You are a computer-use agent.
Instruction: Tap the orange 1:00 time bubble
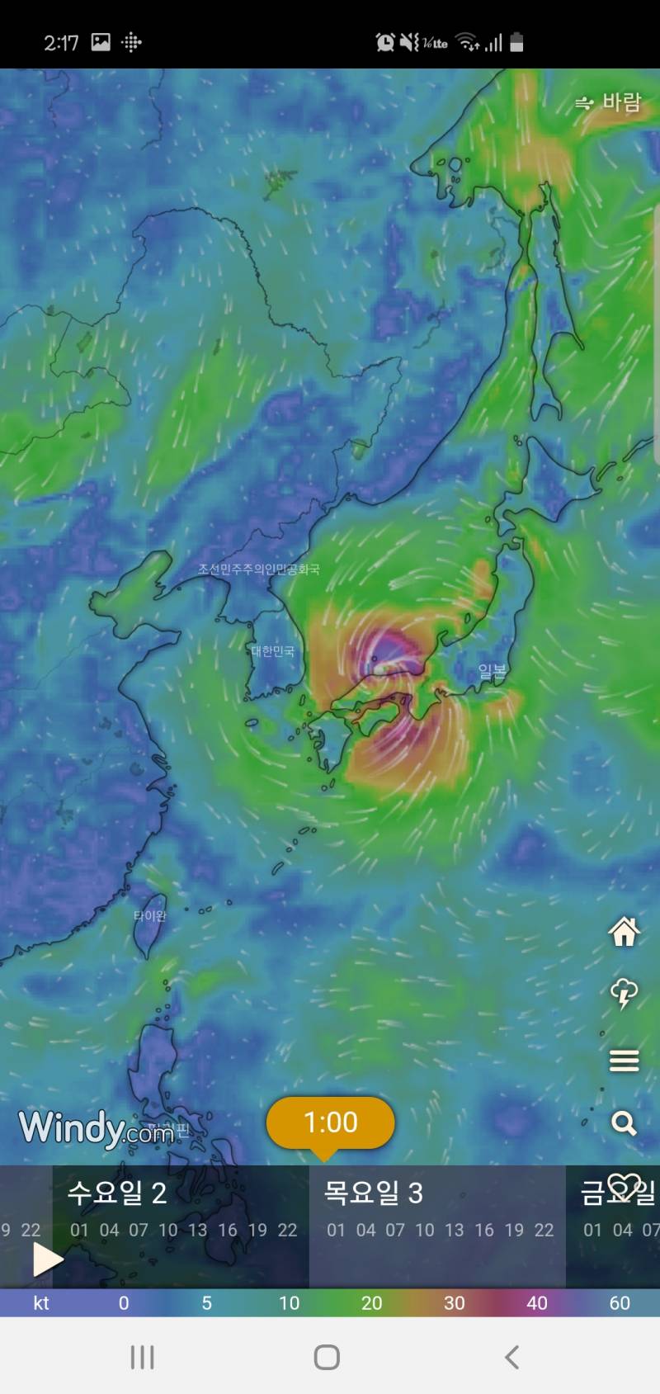[x=330, y=1122]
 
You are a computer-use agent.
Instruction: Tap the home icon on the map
[x=624, y=932]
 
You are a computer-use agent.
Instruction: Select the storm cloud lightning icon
[x=624, y=994]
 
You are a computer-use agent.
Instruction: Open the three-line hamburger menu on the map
[x=624, y=1061]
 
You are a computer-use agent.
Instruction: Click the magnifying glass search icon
[x=624, y=1123]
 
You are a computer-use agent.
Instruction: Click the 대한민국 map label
[x=273, y=652]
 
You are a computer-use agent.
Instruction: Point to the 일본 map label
[x=493, y=672]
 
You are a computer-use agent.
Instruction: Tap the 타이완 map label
[x=150, y=916]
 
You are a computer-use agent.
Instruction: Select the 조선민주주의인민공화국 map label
[x=258, y=569]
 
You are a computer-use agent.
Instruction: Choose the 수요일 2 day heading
[x=117, y=1193]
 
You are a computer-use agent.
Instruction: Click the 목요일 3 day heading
[x=374, y=1193]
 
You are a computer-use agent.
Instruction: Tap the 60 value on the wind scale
[x=620, y=1303]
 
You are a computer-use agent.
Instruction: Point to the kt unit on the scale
[x=41, y=1303]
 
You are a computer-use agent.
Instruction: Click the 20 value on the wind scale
[x=371, y=1303]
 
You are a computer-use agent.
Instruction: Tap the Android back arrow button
[x=511, y=1358]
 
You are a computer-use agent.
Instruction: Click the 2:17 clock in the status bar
[x=61, y=43]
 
